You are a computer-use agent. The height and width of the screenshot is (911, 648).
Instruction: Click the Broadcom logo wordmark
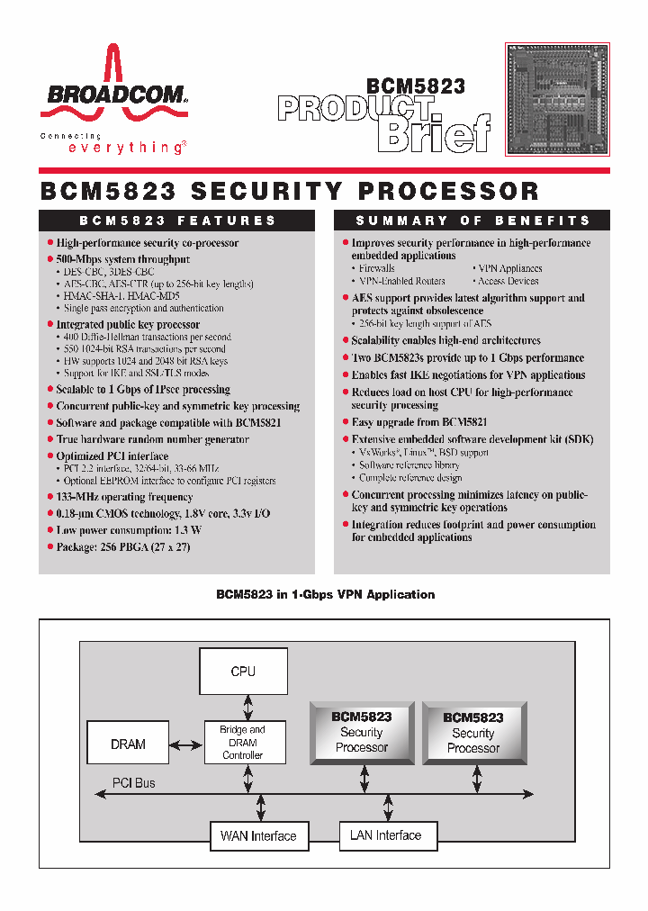(x=112, y=95)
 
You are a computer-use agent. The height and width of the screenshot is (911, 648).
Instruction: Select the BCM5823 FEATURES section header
(x=177, y=221)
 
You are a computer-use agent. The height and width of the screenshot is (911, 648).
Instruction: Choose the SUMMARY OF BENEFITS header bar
(x=472, y=221)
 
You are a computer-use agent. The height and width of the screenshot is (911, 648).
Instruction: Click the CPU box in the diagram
(x=243, y=672)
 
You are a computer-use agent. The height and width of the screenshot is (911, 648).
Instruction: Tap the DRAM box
(x=128, y=744)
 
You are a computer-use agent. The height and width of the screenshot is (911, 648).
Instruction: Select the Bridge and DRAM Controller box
(x=243, y=743)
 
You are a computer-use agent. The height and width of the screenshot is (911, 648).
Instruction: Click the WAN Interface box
(x=258, y=836)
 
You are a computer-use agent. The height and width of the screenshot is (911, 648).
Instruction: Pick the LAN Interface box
(x=386, y=835)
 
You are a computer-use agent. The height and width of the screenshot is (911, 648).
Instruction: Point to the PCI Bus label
(x=133, y=783)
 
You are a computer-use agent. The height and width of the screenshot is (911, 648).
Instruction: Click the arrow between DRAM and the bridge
(x=185, y=744)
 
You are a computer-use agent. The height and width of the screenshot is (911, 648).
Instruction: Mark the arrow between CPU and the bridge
(x=243, y=707)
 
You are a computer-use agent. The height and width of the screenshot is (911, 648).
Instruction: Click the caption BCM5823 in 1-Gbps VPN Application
(x=325, y=595)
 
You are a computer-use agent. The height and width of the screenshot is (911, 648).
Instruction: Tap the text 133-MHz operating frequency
(x=124, y=497)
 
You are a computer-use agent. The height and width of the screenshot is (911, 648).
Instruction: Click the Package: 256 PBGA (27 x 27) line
(x=123, y=547)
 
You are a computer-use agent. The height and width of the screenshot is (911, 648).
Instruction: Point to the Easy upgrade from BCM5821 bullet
(x=419, y=422)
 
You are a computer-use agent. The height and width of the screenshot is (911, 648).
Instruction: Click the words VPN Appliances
(x=509, y=268)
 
